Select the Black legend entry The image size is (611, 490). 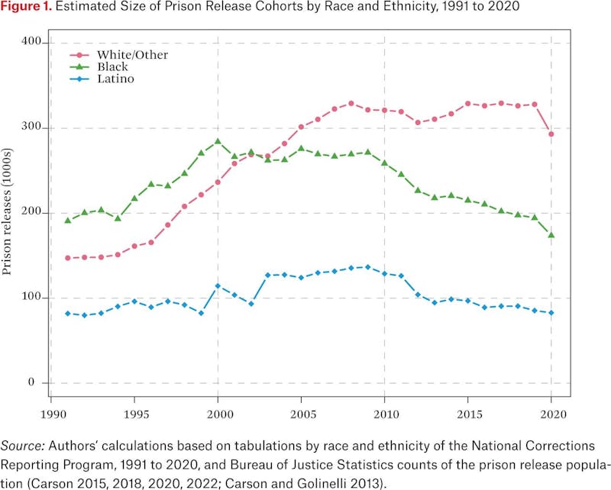coord(112,66)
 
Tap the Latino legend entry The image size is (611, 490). coord(115,79)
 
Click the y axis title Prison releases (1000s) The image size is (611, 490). coord(10,213)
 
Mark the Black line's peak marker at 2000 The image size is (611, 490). coord(218,141)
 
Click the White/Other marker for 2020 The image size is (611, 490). coord(551,134)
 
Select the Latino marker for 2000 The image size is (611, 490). coord(218,285)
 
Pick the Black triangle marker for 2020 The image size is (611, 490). coord(551,235)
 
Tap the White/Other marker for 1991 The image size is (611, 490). coord(67,258)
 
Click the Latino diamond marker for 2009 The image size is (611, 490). coord(367,267)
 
